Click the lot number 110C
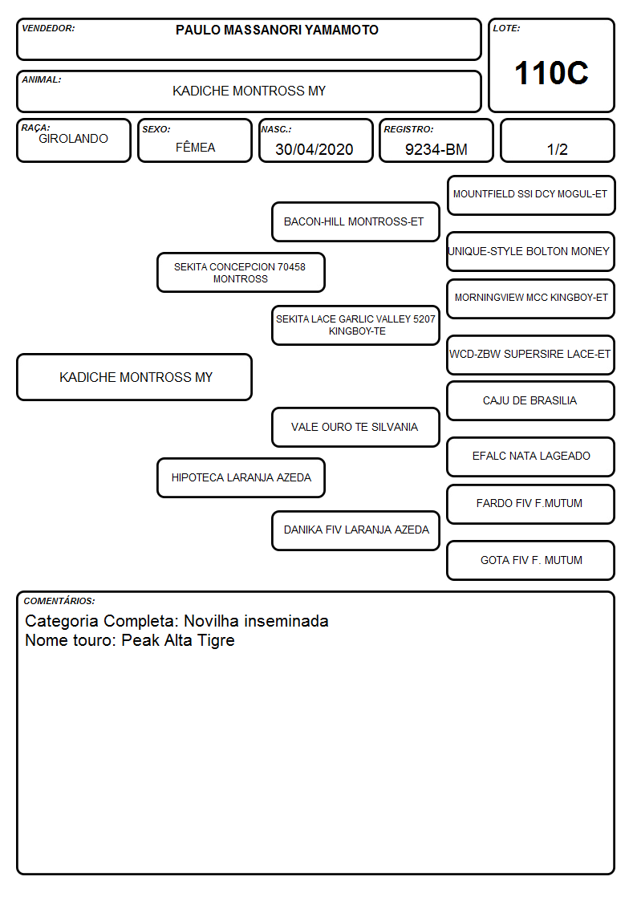551,73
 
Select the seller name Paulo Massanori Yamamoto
277,30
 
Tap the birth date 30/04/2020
314,149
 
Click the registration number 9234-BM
436,149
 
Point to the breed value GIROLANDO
73,139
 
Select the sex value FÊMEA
195,147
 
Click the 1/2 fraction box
557,140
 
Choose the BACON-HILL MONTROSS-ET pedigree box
355,221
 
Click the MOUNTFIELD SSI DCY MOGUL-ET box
531,196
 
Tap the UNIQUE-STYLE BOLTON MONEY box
531,252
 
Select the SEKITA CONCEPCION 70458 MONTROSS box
241,272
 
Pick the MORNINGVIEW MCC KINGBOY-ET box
531,298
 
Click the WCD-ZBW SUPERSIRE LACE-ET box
531,355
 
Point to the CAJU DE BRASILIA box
531,401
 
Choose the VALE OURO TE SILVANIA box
355,428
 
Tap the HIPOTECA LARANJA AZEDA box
241,478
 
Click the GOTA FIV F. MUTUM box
531,561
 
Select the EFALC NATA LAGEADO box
531,457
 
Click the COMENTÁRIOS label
59,601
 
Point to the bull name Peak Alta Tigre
178,641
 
